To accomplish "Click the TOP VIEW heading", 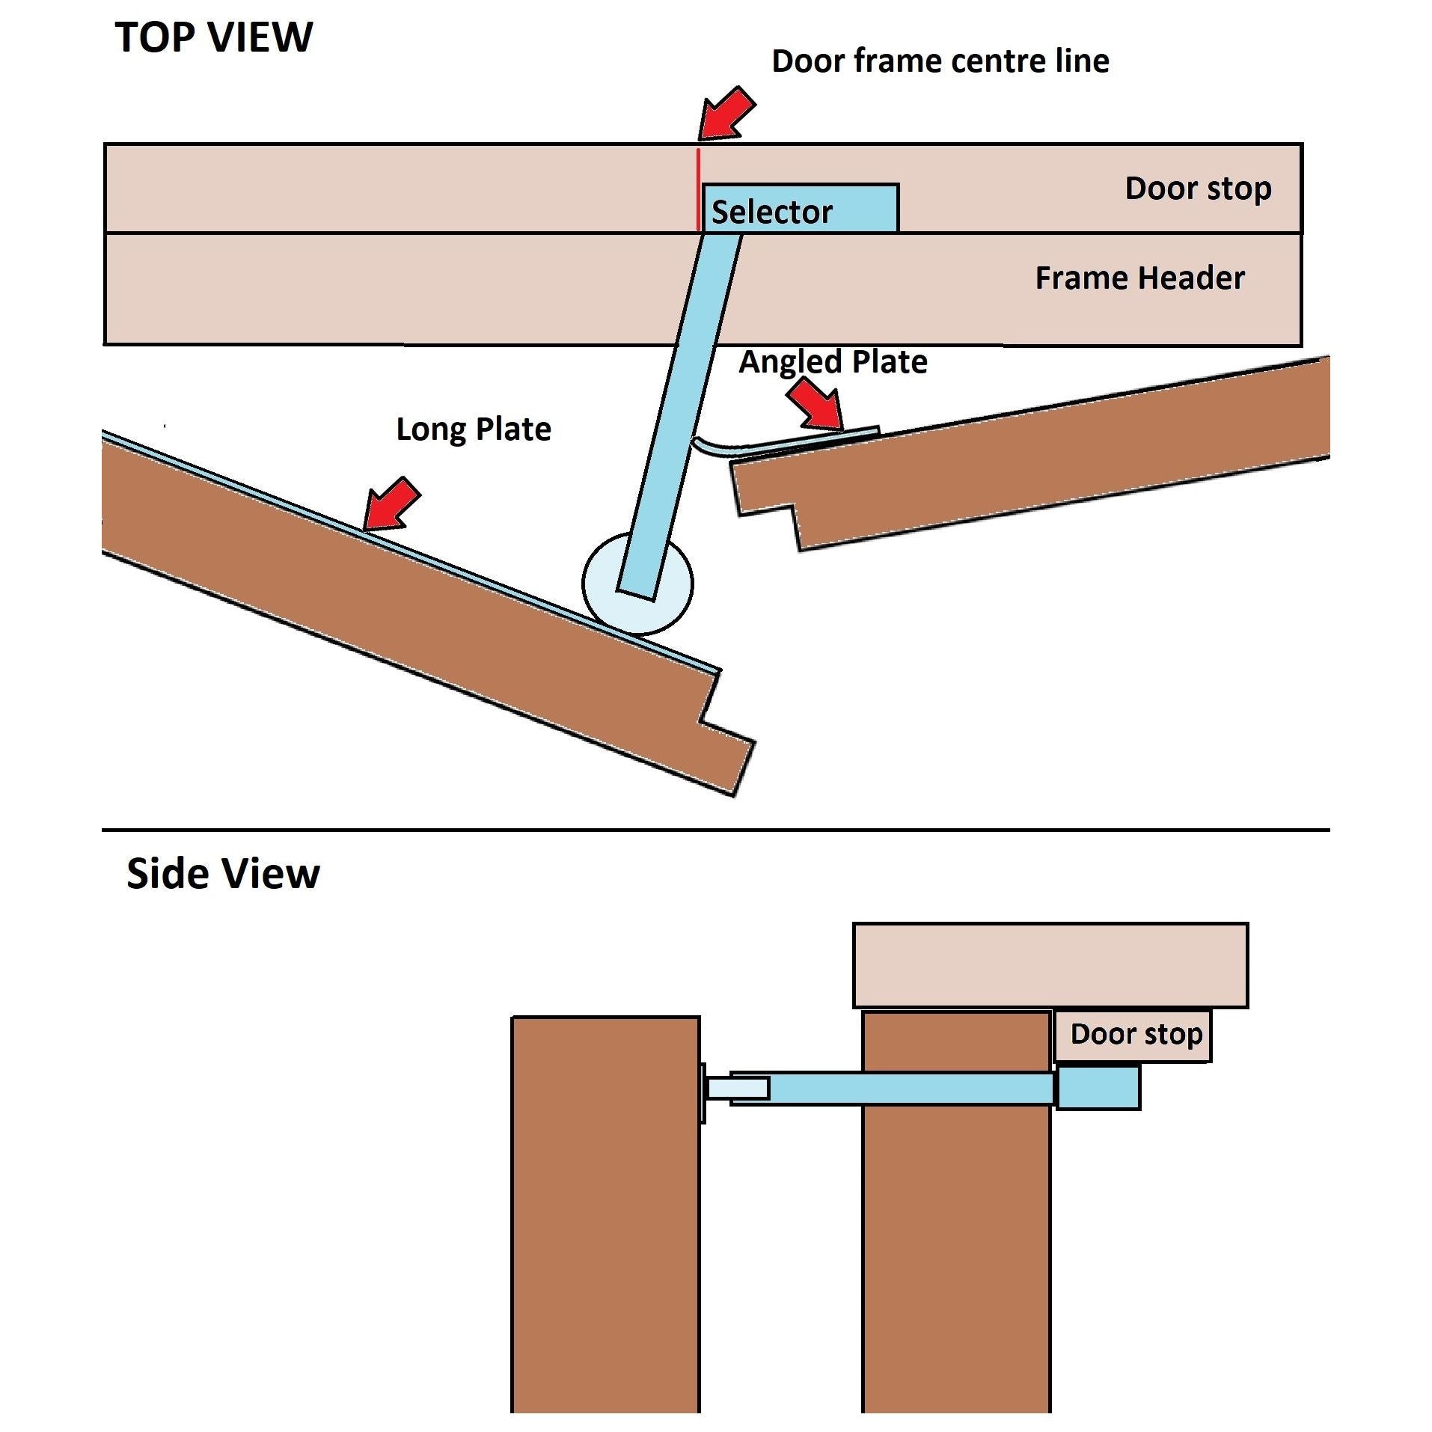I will tap(213, 37).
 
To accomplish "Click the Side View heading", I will tap(223, 873).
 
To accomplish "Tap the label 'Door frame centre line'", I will tap(940, 61).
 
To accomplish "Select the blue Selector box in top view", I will tap(800, 208).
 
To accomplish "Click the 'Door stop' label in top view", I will tap(1197, 189).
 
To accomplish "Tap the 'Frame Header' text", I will tap(1139, 278).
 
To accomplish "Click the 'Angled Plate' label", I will tap(833, 362).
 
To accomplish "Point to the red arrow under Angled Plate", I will tap(816, 405).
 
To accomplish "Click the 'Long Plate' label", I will tap(473, 429).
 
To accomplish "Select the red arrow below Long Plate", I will tap(391, 504).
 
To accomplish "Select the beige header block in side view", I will tap(1049, 964).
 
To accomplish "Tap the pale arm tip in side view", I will tap(737, 1088).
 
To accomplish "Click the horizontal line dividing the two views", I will tap(715, 830).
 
